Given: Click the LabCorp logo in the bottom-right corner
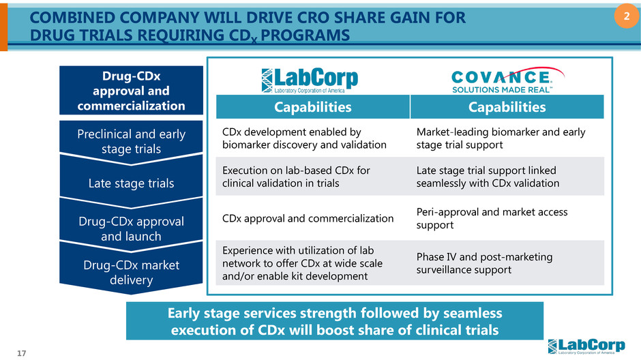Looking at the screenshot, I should pos(590,346).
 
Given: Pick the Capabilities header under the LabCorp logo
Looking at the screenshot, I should pos(312,107).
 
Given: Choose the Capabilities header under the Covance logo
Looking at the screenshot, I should pos(507,107).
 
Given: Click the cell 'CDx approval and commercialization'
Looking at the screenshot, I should pos(307,219).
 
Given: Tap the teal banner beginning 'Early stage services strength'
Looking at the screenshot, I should pos(335,321).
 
